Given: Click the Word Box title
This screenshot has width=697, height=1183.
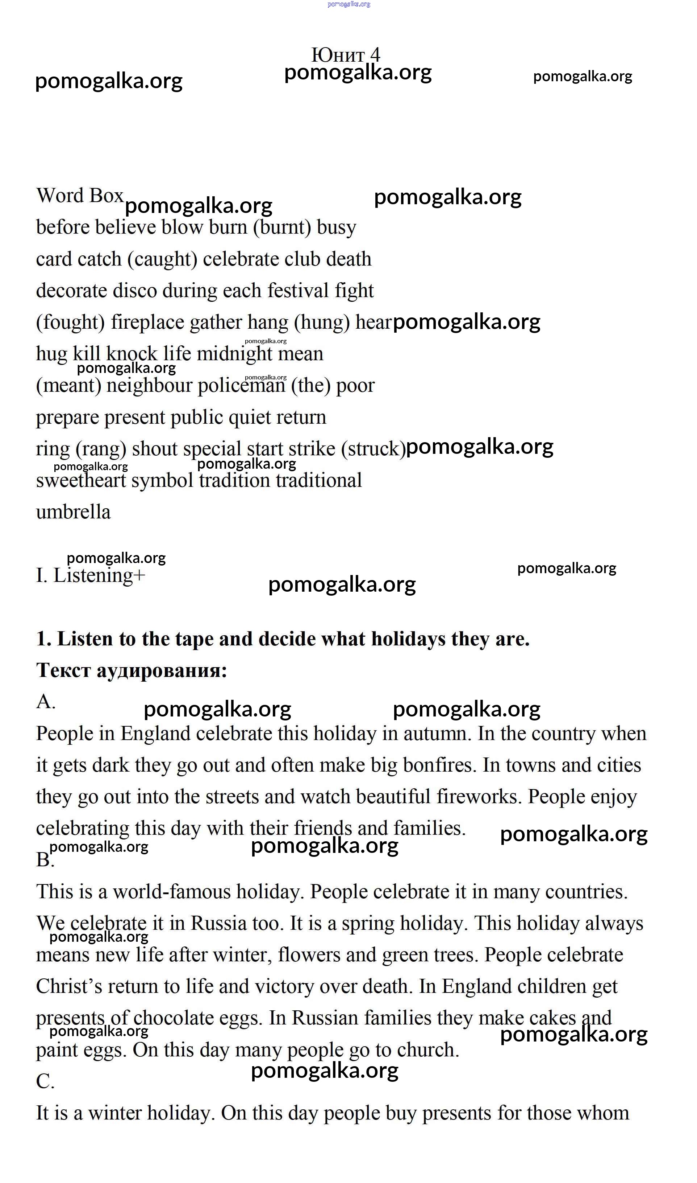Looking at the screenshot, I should (x=79, y=196).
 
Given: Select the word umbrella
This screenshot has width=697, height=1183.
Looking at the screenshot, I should (x=73, y=512).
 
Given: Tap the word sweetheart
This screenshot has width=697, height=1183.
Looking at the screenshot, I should (x=81, y=481).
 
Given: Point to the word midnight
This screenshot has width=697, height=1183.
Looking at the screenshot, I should (x=234, y=354).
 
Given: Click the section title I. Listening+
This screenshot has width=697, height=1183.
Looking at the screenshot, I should (x=91, y=575).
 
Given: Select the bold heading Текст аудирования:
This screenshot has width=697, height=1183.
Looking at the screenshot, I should (x=132, y=670).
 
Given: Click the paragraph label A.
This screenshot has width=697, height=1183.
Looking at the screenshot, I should (x=46, y=702).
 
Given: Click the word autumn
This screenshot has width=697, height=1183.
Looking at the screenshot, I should (x=437, y=734).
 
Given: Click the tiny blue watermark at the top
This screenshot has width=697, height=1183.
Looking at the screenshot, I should (x=348, y=4).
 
